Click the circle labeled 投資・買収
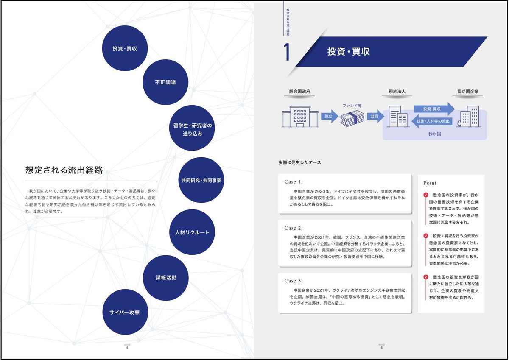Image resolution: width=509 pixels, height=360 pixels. pyautogui.click(x=124, y=48)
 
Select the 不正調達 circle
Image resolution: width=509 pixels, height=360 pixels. pyautogui.click(x=165, y=82)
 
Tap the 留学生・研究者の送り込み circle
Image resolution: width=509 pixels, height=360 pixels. pyautogui.click(x=192, y=130)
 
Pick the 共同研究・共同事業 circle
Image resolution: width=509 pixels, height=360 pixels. pyautogui.click(x=201, y=180)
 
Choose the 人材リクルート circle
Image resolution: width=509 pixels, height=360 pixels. pyautogui.click(x=192, y=232)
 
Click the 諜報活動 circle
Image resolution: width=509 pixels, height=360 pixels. pyautogui.click(x=165, y=278)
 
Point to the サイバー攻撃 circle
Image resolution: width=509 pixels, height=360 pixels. pyautogui.click(x=125, y=312)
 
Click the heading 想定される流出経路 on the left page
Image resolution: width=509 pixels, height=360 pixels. pyautogui.click(x=64, y=170)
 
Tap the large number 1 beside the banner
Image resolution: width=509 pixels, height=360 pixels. pyautogui.click(x=287, y=52)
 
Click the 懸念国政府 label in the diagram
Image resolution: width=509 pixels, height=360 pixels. pyautogui.click(x=300, y=91)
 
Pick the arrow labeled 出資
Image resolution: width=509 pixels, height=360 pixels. pyautogui.click(x=375, y=116)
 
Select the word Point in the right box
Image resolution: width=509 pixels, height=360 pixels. pyautogui.click(x=430, y=183)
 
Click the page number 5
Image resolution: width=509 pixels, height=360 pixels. pyautogui.click(x=381, y=348)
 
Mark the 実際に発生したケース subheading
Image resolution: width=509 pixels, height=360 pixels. pyautogui.click(x=299, y=162)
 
